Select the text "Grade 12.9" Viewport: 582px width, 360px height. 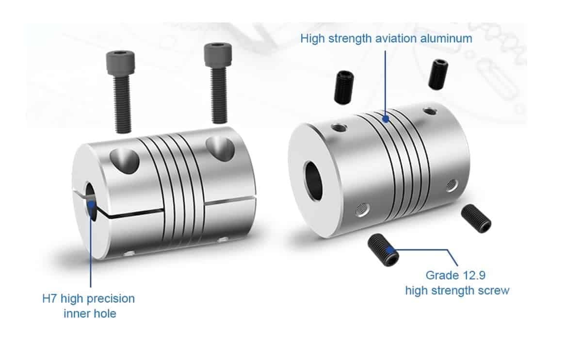point(455,276)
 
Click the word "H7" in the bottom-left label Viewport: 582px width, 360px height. point(50,298)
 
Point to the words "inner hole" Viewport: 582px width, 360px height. point(90,313)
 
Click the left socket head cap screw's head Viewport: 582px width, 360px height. point(120,66)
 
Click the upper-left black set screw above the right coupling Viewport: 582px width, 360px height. point(345,87)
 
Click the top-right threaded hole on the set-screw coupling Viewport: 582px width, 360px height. point(429,111)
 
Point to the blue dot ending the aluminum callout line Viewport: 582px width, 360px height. point(386,118)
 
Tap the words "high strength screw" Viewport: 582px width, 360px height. point(457,291)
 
